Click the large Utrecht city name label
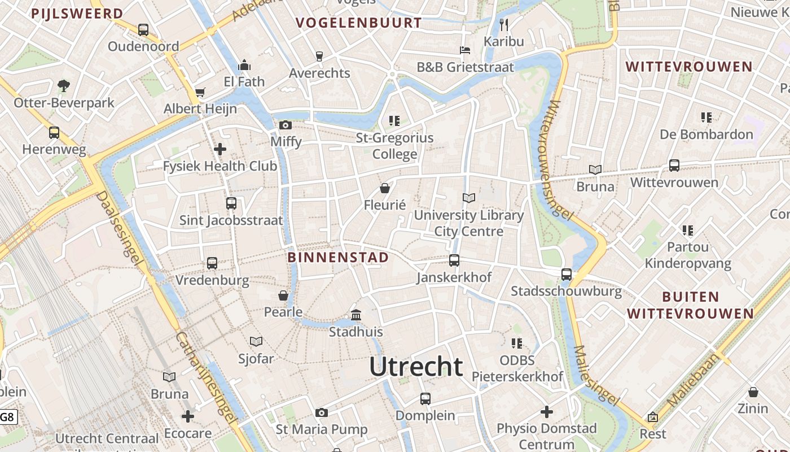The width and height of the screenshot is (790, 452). [x=416, y=367]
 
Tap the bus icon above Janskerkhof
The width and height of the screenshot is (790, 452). [x=454, y=260]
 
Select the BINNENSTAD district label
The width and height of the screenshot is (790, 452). [x=338, y=258]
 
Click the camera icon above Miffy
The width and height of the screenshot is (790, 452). [x=286, y=125]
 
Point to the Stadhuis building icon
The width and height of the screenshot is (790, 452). [x=356, y=315]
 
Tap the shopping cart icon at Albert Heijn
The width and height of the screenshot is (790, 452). [x=200, y=92]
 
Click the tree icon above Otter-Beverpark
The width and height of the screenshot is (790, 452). [x=64, y=86]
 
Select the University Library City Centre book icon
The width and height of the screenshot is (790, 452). [x=469, y=198]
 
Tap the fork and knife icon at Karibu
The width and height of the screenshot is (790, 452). [x=504, y=24]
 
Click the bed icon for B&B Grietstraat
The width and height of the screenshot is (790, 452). [x=465, y=50]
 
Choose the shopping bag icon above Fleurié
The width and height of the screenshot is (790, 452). [x=385, y=188]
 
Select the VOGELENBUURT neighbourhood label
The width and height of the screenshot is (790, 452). [x=358, y=23]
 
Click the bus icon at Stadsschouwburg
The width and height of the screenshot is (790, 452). [x=567, y=275]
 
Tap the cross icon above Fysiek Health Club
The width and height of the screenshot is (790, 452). [x=220, y=149]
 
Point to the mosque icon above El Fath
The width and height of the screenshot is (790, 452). [x=244, y=65]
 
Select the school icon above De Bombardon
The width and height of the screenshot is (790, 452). [x=706, y=118]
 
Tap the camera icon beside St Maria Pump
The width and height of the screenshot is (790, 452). [x=322, y=413]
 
